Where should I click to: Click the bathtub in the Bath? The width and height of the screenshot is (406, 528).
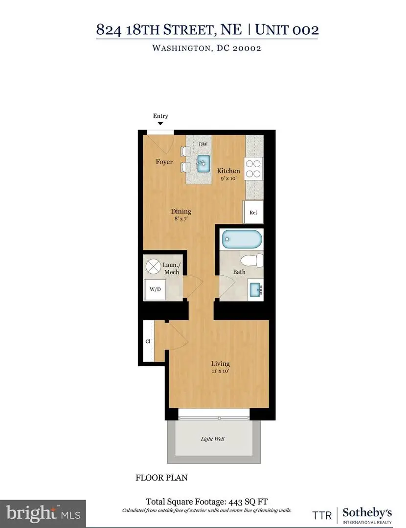242,240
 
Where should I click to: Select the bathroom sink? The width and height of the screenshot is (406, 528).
255,289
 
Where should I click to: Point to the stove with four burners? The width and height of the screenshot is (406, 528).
254,169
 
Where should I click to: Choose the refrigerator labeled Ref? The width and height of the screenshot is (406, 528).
253,213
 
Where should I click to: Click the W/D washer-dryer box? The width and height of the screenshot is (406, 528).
155,289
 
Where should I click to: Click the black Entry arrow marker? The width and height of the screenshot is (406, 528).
160,124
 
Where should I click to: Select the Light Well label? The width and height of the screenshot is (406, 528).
213,439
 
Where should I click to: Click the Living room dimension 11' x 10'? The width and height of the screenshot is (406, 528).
220,372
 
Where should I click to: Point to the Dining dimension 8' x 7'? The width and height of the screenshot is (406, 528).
181,220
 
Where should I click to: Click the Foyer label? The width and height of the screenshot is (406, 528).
164,162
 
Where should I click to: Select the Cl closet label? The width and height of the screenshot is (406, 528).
147,341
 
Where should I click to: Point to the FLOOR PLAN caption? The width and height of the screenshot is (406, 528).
161,478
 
